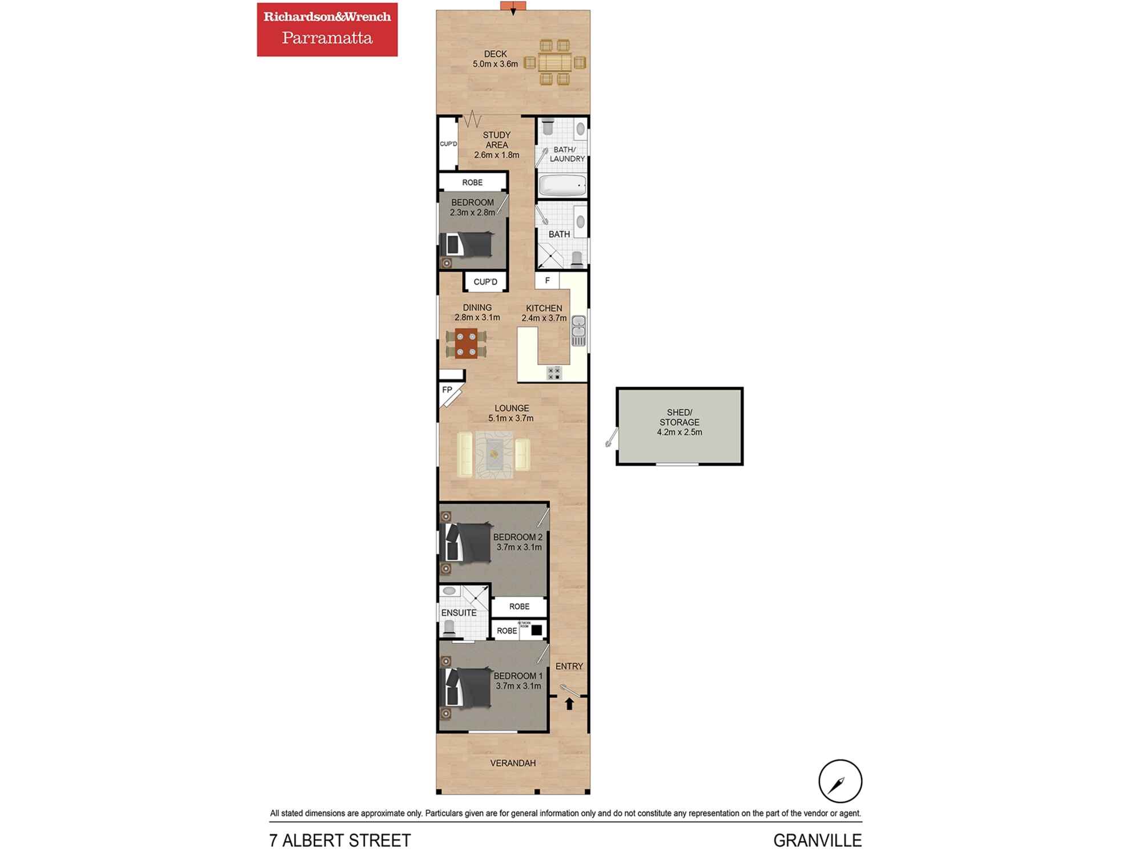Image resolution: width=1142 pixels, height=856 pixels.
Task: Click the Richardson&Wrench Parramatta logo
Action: pyautogui.click(x=327, y=29)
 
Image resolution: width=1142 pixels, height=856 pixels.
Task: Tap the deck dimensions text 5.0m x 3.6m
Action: pyautogui.click(x=495, y=64)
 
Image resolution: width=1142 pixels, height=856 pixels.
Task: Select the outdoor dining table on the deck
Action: pyautogui.click(x=555, y=62)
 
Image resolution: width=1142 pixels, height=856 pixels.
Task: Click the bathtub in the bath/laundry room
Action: pyautogui.click(x=562, y=185)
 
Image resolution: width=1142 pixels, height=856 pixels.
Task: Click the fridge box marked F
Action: pyautogui.click(x=547, y=280)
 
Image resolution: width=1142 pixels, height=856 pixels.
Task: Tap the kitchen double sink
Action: pyautogui.click(x=578, y=330)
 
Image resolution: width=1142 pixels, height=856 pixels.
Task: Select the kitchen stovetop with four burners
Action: pyautogui.click(x=554, y=373)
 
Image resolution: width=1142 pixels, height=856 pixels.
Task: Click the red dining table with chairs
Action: pyautogui.click(x=467, y=343)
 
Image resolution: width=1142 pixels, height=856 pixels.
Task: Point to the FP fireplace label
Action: pyautogui.click(x=447, y=390)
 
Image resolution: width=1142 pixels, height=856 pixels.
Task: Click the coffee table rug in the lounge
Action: pyautogui.click(x=494, y=454)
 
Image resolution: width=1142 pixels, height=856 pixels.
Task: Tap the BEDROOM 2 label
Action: pyautogui.click(x=518, y=537)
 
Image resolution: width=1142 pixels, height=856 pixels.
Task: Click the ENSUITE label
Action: pyautogui.click(x=459, y=613)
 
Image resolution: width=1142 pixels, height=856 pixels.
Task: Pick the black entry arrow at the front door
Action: pyautogui.click(x=569, y=704)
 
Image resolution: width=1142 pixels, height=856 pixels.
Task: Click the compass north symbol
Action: pyautogui.click(x=840, y=781)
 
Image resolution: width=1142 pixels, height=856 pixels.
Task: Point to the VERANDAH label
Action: pyautogui.click(x=513, y=763)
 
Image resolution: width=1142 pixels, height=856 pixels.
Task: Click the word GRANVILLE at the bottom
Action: pyautogui.click(x=817, y=841)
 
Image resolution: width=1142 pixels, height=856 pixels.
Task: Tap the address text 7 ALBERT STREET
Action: pyautogui.click(x=340, y=841)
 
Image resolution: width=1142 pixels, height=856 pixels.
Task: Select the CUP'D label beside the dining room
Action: pyautogui.click(x=485, y=282)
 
